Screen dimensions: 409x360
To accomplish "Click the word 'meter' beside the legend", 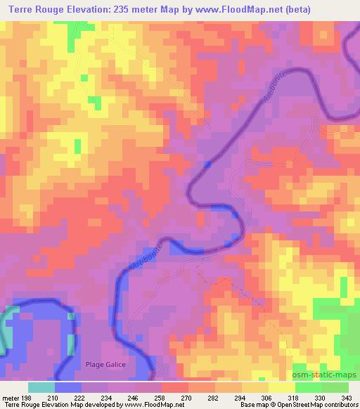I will click(x=10, y=397).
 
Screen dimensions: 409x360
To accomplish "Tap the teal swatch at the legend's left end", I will click(x=41, y=387).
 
